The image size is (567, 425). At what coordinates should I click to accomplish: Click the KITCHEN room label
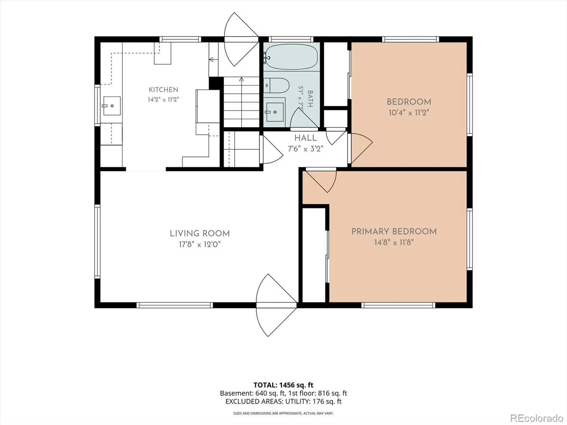click(x=163, y=90)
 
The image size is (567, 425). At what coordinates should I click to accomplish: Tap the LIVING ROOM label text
click(x=200, y=233)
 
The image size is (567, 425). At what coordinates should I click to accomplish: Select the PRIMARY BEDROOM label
click(x=394, y=232)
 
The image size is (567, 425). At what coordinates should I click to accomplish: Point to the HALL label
click(x=305, y=138)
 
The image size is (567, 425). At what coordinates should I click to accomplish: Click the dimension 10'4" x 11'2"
click(x=409, y=113)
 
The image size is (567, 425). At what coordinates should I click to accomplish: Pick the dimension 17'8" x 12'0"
click(x=200, y=244)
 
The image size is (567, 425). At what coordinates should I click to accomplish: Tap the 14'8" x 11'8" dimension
click(x=394, y=242)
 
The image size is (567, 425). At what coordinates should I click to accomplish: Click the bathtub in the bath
click(x=291, y=57)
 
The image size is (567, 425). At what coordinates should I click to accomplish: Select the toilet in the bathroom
click(x=276, y=85)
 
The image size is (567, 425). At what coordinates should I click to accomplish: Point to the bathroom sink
click(x=275, y=112)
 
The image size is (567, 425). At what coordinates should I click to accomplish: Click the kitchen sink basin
click(x=112, y=106)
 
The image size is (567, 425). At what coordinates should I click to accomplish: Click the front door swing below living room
click(x=276, y=305)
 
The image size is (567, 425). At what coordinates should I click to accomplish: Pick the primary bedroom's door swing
click(x=321, y=181)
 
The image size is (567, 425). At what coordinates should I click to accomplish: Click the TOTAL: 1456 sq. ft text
click(x=283, y=385)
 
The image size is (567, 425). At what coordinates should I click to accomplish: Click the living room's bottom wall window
click(x=175, y=305)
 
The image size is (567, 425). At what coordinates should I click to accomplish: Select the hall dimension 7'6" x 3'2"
click(x=305, y=149)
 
